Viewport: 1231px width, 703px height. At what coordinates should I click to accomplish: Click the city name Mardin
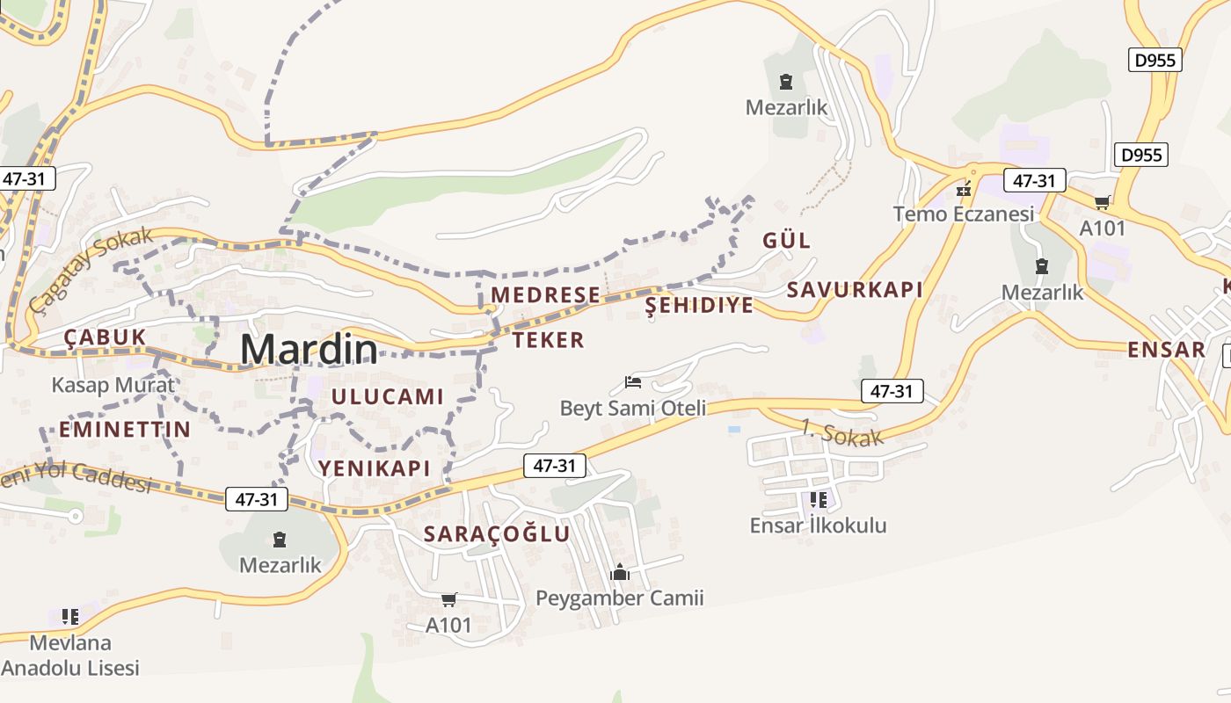click(309, 350)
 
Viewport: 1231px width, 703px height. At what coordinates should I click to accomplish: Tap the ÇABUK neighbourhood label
click(105, 337)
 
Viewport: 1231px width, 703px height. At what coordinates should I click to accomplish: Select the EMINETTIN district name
click(125, 429)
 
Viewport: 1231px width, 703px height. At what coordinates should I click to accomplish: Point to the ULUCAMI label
click(387, 396)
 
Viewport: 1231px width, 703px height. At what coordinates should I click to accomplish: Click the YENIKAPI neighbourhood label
click(375, 468)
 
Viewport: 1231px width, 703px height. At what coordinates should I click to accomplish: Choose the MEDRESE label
click(545, 294)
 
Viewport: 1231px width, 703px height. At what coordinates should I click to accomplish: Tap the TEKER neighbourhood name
click(548, 340)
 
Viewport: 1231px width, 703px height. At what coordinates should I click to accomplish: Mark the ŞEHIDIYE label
click(700, 305)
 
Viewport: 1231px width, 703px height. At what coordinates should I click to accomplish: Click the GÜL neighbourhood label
click(786, 241)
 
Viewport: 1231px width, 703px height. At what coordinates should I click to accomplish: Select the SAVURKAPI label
click(855, 290)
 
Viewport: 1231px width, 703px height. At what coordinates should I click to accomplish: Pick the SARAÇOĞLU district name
click(497, 533)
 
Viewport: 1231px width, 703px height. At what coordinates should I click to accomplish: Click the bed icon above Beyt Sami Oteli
click(633, 382)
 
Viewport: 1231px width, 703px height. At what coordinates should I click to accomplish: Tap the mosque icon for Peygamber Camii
click(620, 573)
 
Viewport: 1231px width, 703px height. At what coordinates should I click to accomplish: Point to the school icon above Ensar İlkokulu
click(819, 500)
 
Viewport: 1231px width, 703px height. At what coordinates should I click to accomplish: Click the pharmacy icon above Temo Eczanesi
click(965, 189)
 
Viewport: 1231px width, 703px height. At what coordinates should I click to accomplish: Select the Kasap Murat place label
click(113, 385)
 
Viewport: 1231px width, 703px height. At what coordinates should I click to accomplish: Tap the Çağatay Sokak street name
click(91, 269)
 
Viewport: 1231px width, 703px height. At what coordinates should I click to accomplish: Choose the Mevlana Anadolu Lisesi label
click(70, 655)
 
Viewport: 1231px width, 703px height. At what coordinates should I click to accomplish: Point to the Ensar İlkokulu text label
click(818, 525)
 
